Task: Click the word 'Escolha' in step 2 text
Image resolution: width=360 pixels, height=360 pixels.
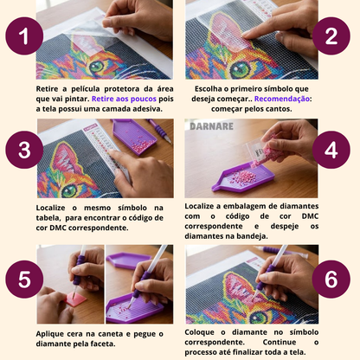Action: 203,88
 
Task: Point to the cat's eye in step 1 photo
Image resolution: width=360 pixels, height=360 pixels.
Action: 97,65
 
